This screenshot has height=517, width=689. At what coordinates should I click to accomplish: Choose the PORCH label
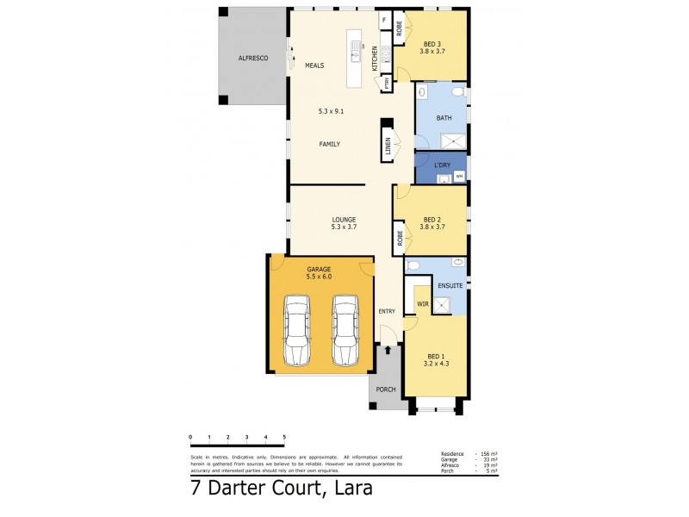pos(387,389)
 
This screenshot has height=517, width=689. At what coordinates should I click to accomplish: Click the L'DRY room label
pos(442,164)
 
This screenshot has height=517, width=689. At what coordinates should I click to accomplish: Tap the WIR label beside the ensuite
pos(423,304)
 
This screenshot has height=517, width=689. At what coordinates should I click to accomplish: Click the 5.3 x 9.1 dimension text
pos(331,110)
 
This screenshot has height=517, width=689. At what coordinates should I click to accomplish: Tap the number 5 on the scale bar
pos(284,438)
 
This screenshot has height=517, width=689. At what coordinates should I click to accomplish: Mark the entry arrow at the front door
pos(387,349)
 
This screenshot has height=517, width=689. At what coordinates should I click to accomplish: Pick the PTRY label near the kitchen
pos(387,84)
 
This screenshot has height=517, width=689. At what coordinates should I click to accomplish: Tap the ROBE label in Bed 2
pos(400,236)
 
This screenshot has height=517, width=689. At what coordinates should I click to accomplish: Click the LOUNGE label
pos(344,219)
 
